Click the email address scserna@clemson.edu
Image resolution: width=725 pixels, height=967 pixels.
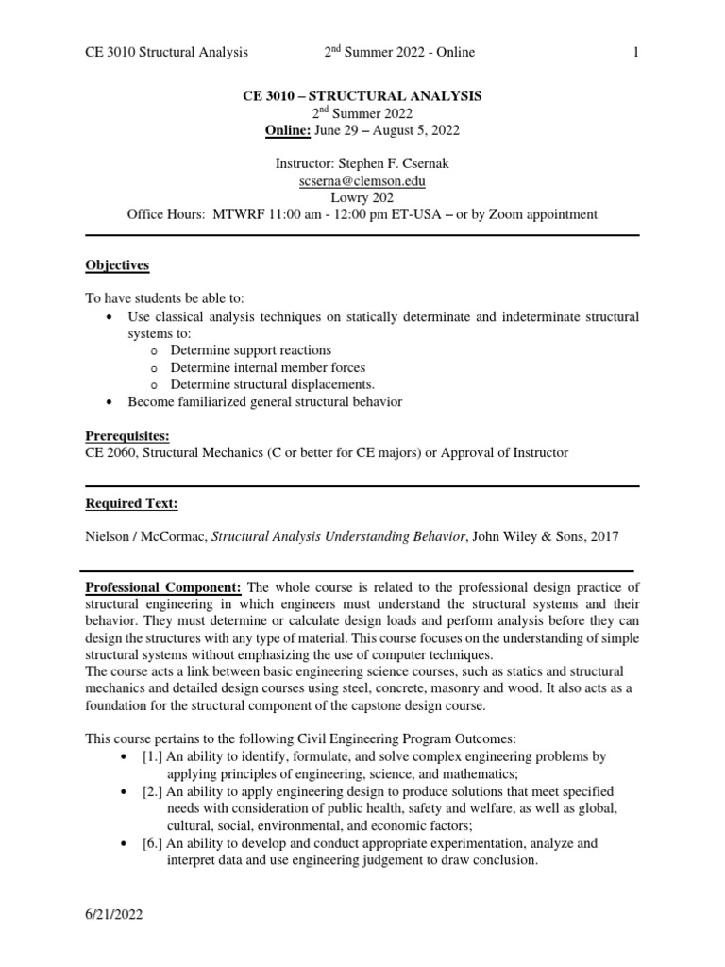362,181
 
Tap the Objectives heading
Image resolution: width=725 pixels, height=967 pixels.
117,265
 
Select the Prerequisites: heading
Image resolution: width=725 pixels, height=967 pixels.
127,436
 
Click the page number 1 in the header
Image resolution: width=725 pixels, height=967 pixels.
636,52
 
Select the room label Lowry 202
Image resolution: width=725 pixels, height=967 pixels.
362,197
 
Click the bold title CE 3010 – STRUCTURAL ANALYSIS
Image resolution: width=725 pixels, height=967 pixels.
362,95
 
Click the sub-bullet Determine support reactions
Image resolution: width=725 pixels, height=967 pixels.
250,350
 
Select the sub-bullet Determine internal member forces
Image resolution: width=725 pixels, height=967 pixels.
267,367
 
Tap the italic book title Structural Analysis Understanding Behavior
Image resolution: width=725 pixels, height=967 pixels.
339,536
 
